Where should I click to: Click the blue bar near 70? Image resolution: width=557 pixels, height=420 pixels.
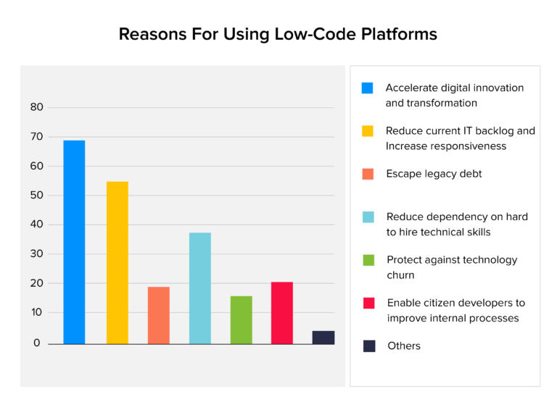tap(74, 242)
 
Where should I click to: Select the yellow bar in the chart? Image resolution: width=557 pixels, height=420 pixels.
tap(117, 262)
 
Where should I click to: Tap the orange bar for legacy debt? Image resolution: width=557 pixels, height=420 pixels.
tap(158, 315)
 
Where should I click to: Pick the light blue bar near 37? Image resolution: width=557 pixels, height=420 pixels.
tap(200, 288)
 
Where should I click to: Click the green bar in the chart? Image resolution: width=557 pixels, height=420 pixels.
tap(241, 319)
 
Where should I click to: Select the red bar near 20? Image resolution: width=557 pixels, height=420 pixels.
tap(282, 313)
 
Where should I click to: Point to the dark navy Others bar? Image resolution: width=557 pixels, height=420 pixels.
tap(323, 337)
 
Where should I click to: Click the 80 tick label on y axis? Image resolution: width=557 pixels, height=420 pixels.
tap(36, 107)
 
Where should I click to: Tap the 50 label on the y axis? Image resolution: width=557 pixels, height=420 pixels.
tap(36, 196)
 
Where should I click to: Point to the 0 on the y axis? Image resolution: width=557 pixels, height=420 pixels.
tap(36, 343)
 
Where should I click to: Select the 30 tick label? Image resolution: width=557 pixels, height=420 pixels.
tap(36, 254)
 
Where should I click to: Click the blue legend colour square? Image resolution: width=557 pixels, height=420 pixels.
tap(368, 88)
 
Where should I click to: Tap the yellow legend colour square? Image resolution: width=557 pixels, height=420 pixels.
tap(368, 131)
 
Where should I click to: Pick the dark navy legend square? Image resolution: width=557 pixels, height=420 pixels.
tap(369, 346)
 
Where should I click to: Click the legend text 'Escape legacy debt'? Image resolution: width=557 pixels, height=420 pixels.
tap(434, 174)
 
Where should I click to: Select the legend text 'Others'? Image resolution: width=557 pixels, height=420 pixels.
tap(403, 346)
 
